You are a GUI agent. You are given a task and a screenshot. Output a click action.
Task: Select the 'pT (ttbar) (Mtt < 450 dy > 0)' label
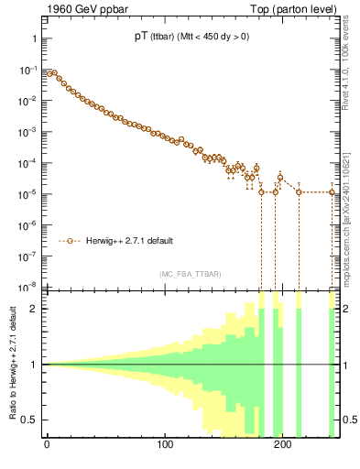189,37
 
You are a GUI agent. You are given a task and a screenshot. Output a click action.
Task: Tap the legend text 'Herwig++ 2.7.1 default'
130,242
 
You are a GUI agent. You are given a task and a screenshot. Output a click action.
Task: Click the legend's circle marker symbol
71,242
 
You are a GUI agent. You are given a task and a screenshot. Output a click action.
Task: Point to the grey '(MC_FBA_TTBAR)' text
190,275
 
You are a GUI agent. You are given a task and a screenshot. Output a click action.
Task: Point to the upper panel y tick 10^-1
28,70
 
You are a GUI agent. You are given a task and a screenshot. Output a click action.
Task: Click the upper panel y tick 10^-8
28,286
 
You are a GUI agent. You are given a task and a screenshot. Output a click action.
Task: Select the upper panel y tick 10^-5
28,193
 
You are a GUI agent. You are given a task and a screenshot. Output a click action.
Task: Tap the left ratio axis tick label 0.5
30,420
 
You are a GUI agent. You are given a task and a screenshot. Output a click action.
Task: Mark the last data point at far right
333,191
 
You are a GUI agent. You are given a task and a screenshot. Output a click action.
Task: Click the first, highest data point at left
49,72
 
